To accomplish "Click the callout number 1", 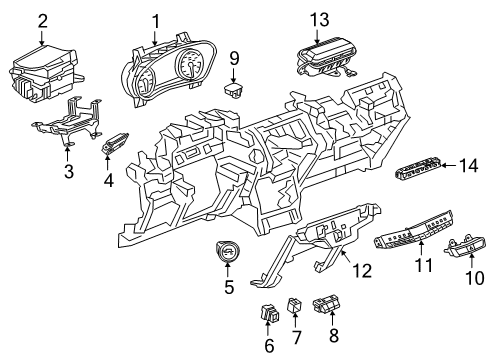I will (x=155, y=20).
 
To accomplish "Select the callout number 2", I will (x=42, y=20).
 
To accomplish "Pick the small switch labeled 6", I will (x=270, y=312).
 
